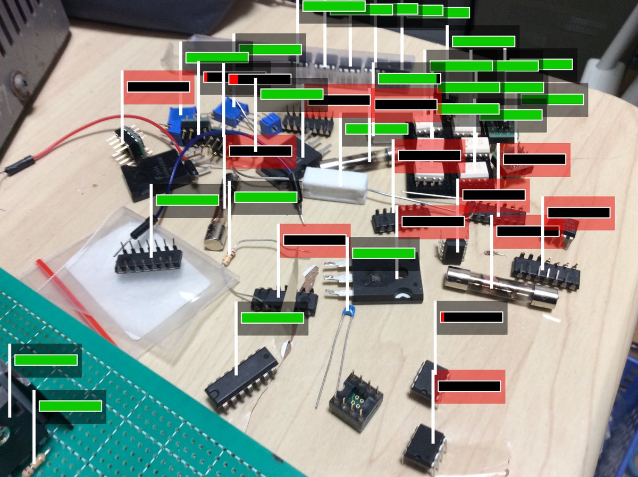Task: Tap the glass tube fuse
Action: [500, 287]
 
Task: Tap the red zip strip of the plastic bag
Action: [74, 301]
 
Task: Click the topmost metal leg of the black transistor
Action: [332, 265]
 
